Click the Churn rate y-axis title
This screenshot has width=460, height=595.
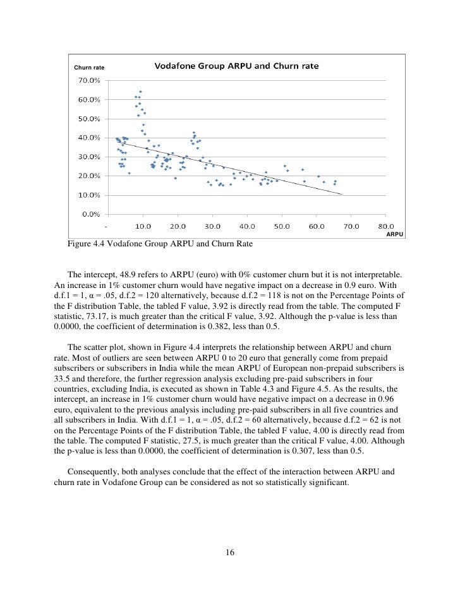click(89, 68)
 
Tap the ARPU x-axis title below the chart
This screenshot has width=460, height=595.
click(396, 234)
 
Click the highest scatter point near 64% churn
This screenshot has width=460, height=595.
click(140, 92)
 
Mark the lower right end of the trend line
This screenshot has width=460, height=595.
click(342, 195)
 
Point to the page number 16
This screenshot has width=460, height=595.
click(230, 553)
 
